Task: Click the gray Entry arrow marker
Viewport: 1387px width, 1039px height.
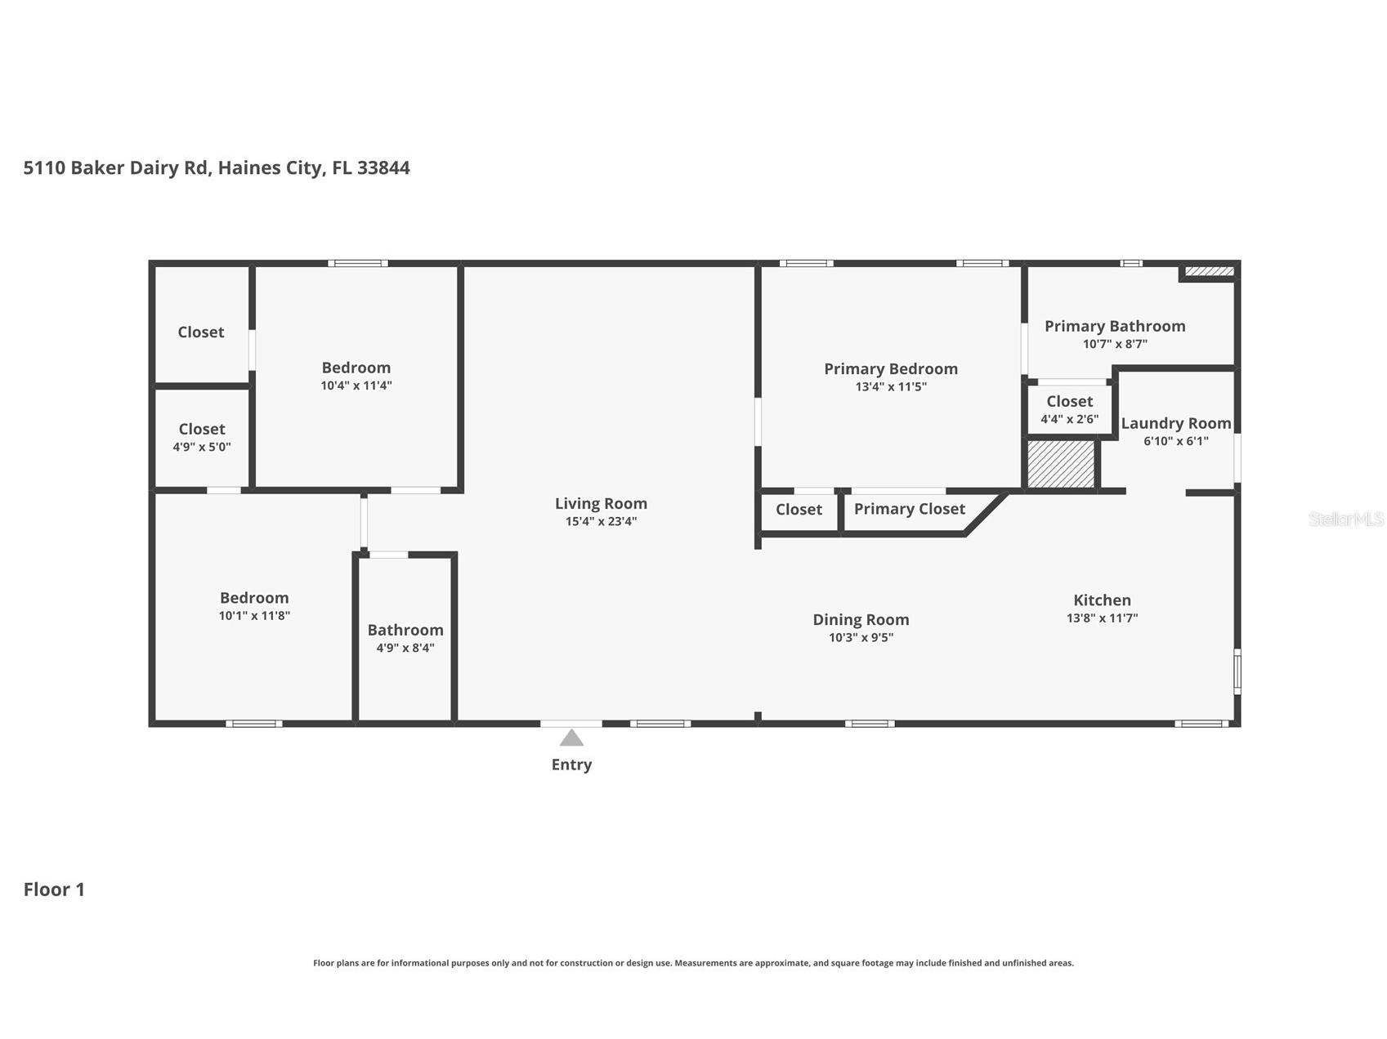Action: click(x=571, y=738)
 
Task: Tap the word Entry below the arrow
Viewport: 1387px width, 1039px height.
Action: click(x=571, y=765)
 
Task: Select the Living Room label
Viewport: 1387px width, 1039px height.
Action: click(x=601, y=504)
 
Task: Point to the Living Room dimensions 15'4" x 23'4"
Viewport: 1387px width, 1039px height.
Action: click(x=601, y=522)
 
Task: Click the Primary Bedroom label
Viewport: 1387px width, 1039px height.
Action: click(x=891, y=369)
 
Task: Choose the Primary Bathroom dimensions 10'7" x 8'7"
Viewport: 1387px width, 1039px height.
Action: click(x=1115, y=344)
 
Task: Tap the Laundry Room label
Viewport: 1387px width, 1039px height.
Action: click(x=1176, y=423)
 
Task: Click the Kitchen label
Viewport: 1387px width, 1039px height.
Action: click(x=1102, y=600)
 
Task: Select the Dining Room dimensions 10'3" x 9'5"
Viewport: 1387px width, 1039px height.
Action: click(x=861, y=638)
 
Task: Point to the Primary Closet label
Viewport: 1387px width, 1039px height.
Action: click(x=910, y=509)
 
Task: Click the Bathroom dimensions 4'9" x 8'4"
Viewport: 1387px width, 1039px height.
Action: click(x=405, y=649)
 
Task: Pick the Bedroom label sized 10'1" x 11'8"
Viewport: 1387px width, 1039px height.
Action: click(x=254, y=598)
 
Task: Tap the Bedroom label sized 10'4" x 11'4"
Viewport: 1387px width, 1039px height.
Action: click(x=356, y=368)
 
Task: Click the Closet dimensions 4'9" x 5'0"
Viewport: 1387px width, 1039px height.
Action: click(x=202, y=448)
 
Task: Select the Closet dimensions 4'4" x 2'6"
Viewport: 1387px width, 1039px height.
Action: click(x=1069, y=420)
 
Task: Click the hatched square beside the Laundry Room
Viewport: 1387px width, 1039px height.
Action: click(x=1061, y=465)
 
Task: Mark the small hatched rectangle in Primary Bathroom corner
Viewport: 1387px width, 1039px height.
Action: click(x=1210, y=271)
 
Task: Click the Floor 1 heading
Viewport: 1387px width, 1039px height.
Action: click(x=54, y=890)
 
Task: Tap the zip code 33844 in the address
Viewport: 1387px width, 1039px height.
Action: click(x=383, y=168)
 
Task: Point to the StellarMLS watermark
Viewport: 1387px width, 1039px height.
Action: click(x=1346, y=519)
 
